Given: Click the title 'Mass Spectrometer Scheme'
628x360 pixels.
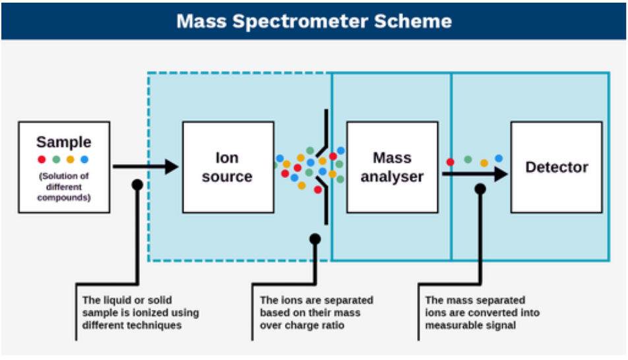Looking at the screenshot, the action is point(314,21).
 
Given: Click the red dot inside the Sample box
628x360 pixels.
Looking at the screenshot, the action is point(42,160).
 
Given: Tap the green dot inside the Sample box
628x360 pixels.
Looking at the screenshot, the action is point(57,160).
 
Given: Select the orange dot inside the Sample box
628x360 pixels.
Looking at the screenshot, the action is point(71,160).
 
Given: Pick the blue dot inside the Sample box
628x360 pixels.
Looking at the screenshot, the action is point(84,160).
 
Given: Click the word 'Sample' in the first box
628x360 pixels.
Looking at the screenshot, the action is point(64,142).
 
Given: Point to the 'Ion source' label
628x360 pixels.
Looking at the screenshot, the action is point(227,167).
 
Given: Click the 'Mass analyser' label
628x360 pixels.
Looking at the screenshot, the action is point(392,167).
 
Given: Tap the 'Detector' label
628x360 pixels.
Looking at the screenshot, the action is point(557,167).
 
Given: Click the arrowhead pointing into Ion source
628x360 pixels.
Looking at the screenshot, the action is point(172,167).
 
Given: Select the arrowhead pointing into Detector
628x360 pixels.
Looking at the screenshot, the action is point(501,174).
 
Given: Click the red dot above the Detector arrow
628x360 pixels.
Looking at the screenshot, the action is point(451,162).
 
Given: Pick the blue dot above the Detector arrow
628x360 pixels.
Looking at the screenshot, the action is point(499,158).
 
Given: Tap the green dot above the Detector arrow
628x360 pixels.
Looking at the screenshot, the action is point(468,160).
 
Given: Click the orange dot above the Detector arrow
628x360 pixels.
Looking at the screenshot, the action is point(484,163).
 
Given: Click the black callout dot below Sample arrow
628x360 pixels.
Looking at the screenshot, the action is point(137,185).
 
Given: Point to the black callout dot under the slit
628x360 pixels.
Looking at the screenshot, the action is point(315,239).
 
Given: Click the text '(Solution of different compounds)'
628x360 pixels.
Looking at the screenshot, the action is point(64,187).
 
